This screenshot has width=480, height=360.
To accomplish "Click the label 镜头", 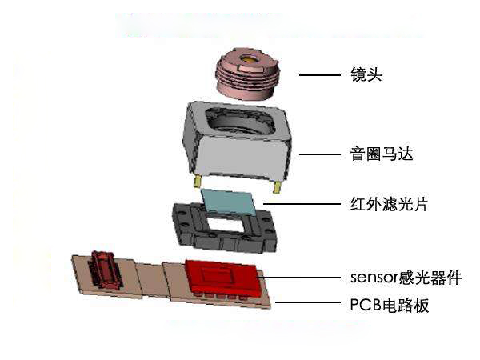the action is [x=366, y=74].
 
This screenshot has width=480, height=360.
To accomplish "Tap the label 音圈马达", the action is [x=382, y=154].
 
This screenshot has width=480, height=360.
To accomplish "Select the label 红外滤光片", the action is [x=389, y=204].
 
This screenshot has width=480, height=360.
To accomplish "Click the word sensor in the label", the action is [x=374, y=278].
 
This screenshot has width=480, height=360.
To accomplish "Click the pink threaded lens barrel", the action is [x=248, y=74].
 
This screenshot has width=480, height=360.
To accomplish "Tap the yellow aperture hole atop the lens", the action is [x=249, y=59].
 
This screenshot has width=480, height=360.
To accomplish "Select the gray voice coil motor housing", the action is [x=238, y=142].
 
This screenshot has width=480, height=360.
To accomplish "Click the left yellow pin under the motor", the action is [x=197, y=182].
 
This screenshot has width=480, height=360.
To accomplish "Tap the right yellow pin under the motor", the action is [x=277, y=187].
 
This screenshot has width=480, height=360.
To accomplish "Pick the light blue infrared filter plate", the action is [x=228, y=202].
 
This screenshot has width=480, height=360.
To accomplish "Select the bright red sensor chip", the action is [x=222, y=277].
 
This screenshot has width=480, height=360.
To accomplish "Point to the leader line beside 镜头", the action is [x=319, y=75].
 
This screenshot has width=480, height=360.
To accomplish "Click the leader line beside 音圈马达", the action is [x=319, y=154].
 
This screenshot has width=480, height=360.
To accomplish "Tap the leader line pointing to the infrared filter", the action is [x=302, y=203].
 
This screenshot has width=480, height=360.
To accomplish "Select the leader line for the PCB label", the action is [x=308, y=302].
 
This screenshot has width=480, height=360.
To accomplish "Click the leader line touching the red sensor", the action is [x=299, y=278].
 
